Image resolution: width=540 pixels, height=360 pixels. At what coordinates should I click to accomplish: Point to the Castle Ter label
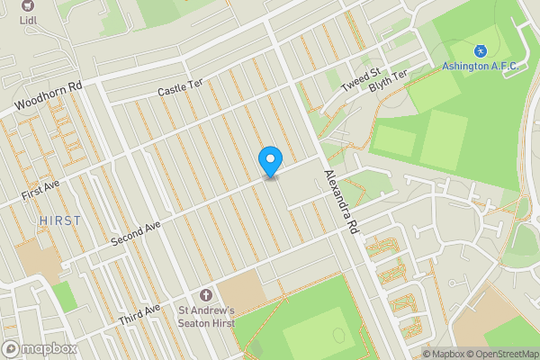point(181,87)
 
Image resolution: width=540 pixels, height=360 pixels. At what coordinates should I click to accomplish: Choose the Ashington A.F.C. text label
point(481,66)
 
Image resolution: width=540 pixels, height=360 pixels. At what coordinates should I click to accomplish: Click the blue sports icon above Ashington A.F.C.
point(481,49)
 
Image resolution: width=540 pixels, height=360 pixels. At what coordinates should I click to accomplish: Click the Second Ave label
point(136,233)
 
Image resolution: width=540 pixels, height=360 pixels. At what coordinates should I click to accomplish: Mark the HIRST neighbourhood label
point(59,220)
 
